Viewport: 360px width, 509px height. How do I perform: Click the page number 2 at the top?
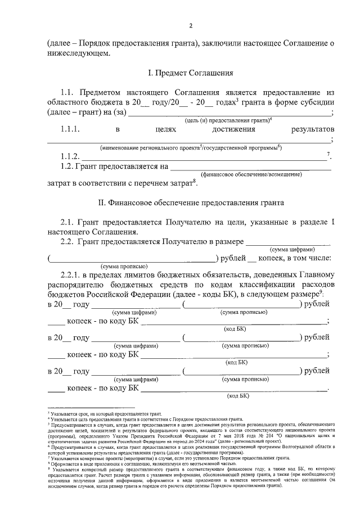(191, 26)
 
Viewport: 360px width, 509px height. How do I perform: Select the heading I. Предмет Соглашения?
(191, 73)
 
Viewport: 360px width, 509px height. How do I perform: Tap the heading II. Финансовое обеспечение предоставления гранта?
(191, 202)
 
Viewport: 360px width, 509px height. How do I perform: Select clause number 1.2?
(67, 166)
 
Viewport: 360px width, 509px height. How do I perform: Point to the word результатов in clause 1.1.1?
(313, 129)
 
